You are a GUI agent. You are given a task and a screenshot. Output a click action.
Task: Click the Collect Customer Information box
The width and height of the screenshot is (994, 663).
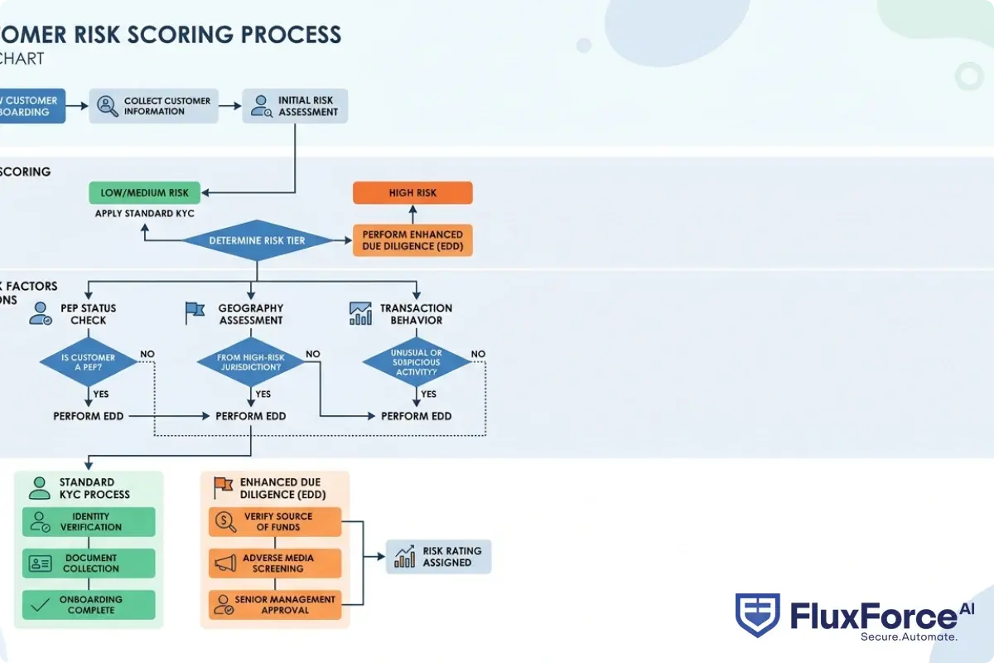(154, 106)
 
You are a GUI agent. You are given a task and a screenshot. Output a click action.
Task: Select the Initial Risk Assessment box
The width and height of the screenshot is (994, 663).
(295, 106)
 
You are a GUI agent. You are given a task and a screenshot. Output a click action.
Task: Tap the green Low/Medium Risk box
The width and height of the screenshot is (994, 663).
(145, 193)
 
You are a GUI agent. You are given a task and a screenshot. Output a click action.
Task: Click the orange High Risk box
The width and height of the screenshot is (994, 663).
(413, 193)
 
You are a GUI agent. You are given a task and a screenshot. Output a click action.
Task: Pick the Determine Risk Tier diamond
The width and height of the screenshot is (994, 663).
(257, 240)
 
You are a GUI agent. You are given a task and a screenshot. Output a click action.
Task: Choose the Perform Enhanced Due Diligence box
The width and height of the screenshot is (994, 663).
(413, 240)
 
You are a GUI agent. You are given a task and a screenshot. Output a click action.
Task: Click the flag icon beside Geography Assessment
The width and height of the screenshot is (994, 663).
(194, 312)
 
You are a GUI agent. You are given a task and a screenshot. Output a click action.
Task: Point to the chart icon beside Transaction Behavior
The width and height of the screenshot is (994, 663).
(360, 312)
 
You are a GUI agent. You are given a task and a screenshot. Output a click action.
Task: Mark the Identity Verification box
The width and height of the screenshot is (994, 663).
(89, 521)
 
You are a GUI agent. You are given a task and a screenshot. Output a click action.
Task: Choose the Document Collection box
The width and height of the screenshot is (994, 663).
(89, 564)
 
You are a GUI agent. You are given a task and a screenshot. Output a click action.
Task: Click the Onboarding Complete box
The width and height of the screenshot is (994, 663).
(89, 605)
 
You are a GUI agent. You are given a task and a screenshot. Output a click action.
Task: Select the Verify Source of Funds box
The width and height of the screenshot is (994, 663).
(275, 521)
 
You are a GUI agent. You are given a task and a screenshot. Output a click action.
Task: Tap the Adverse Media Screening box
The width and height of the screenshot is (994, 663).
(275, 564)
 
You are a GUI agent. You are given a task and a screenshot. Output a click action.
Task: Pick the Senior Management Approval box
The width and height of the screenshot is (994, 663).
(275, 605)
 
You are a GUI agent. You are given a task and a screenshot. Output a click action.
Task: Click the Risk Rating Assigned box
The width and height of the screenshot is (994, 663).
(439, 556)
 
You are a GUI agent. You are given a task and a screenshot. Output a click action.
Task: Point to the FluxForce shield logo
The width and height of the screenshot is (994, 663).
(757, 615)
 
